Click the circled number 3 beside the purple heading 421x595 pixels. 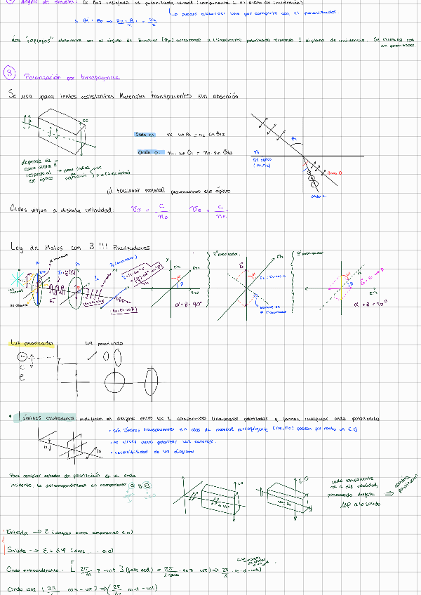(x=8, y=72)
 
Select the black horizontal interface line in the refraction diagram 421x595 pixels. (x=330, y=156)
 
